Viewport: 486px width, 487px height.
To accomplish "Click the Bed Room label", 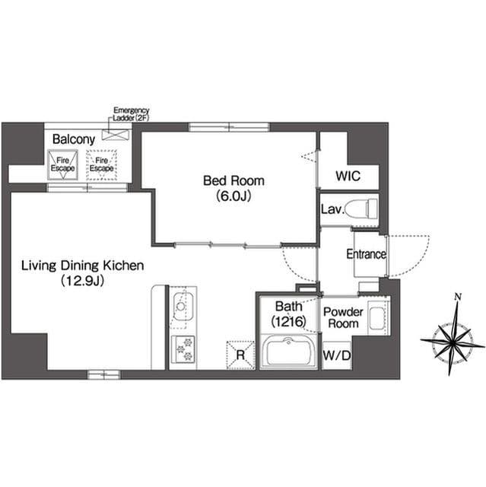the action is [233, 180].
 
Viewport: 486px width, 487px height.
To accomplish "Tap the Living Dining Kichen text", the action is [83, 266].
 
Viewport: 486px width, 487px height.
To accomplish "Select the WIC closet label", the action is [348, 176].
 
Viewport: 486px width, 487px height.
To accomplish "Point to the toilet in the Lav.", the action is [361, 208].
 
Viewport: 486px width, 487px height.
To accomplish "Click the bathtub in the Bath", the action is [288, 352].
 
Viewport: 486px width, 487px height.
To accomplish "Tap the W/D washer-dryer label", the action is [337, 355].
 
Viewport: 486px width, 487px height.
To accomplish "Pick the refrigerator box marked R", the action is [240, 355].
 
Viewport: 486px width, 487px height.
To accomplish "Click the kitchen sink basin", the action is [183, 306].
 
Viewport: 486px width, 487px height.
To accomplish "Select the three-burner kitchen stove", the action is [183, 349].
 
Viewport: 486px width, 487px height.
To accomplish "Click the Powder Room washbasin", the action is [377, 318].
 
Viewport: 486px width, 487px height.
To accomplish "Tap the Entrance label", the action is [366, 254].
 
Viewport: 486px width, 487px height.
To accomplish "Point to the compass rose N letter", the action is [458, 297].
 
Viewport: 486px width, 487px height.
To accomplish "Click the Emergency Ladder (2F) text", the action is [131, 114].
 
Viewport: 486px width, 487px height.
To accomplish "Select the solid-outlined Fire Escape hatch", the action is [62, 164].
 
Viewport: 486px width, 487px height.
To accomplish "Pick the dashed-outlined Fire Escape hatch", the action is [101, 164].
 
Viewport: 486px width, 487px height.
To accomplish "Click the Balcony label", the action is [74, 139].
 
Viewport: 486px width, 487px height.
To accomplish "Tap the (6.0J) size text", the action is [233, 196].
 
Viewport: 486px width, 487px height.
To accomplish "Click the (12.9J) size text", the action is [83, 281].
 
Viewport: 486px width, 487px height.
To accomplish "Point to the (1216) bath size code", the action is [288, 321].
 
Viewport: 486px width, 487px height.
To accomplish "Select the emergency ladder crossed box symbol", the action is [116, 135].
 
